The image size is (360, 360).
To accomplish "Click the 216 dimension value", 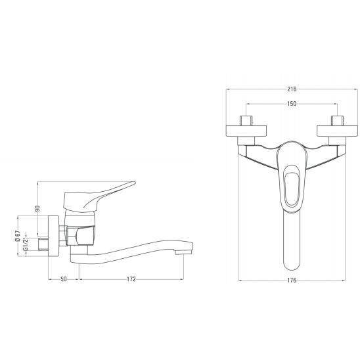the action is pos(292,89).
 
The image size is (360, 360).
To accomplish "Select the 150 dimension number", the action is pos(292,104).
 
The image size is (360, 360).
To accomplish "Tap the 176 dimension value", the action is pos(292,281).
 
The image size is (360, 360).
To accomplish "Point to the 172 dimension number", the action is pos(131,279).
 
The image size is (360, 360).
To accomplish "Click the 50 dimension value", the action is pos(64,279).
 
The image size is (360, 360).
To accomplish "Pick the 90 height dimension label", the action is pos(37,208).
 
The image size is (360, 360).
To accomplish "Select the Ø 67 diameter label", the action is pos(18,236).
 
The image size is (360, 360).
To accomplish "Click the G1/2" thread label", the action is pos(25,244).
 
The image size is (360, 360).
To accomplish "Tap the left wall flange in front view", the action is pos(246,131).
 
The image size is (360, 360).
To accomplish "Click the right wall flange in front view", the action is pos(337,131).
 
